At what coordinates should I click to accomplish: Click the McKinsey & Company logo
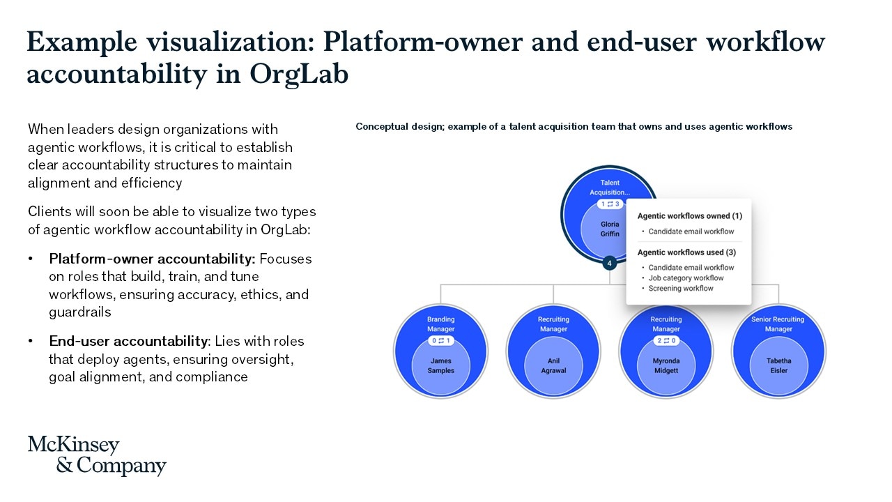pos(97,455)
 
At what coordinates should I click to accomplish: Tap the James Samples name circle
pos(440,366)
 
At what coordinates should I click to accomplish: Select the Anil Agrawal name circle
pos(553,366)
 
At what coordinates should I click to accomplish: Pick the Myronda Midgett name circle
pos(666,366)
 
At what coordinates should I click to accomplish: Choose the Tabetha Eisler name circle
pos(778,366)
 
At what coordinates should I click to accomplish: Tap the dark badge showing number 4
pos(610,264)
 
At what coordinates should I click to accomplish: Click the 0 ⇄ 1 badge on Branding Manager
pos(440,341)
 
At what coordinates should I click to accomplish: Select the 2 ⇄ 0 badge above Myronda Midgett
pos(666,341)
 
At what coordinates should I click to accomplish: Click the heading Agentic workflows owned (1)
pos(689,217)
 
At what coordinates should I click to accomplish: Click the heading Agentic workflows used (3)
pos(686,252)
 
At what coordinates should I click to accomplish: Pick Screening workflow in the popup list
pos(680,289)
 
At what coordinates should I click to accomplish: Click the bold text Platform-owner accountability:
pos(152,259)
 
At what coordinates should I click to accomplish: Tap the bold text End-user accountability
pos(128,342)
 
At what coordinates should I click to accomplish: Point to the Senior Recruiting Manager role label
pos(778,324)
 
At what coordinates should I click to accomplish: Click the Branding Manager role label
pos(440,324)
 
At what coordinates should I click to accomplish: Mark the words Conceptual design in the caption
pos(399,127)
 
